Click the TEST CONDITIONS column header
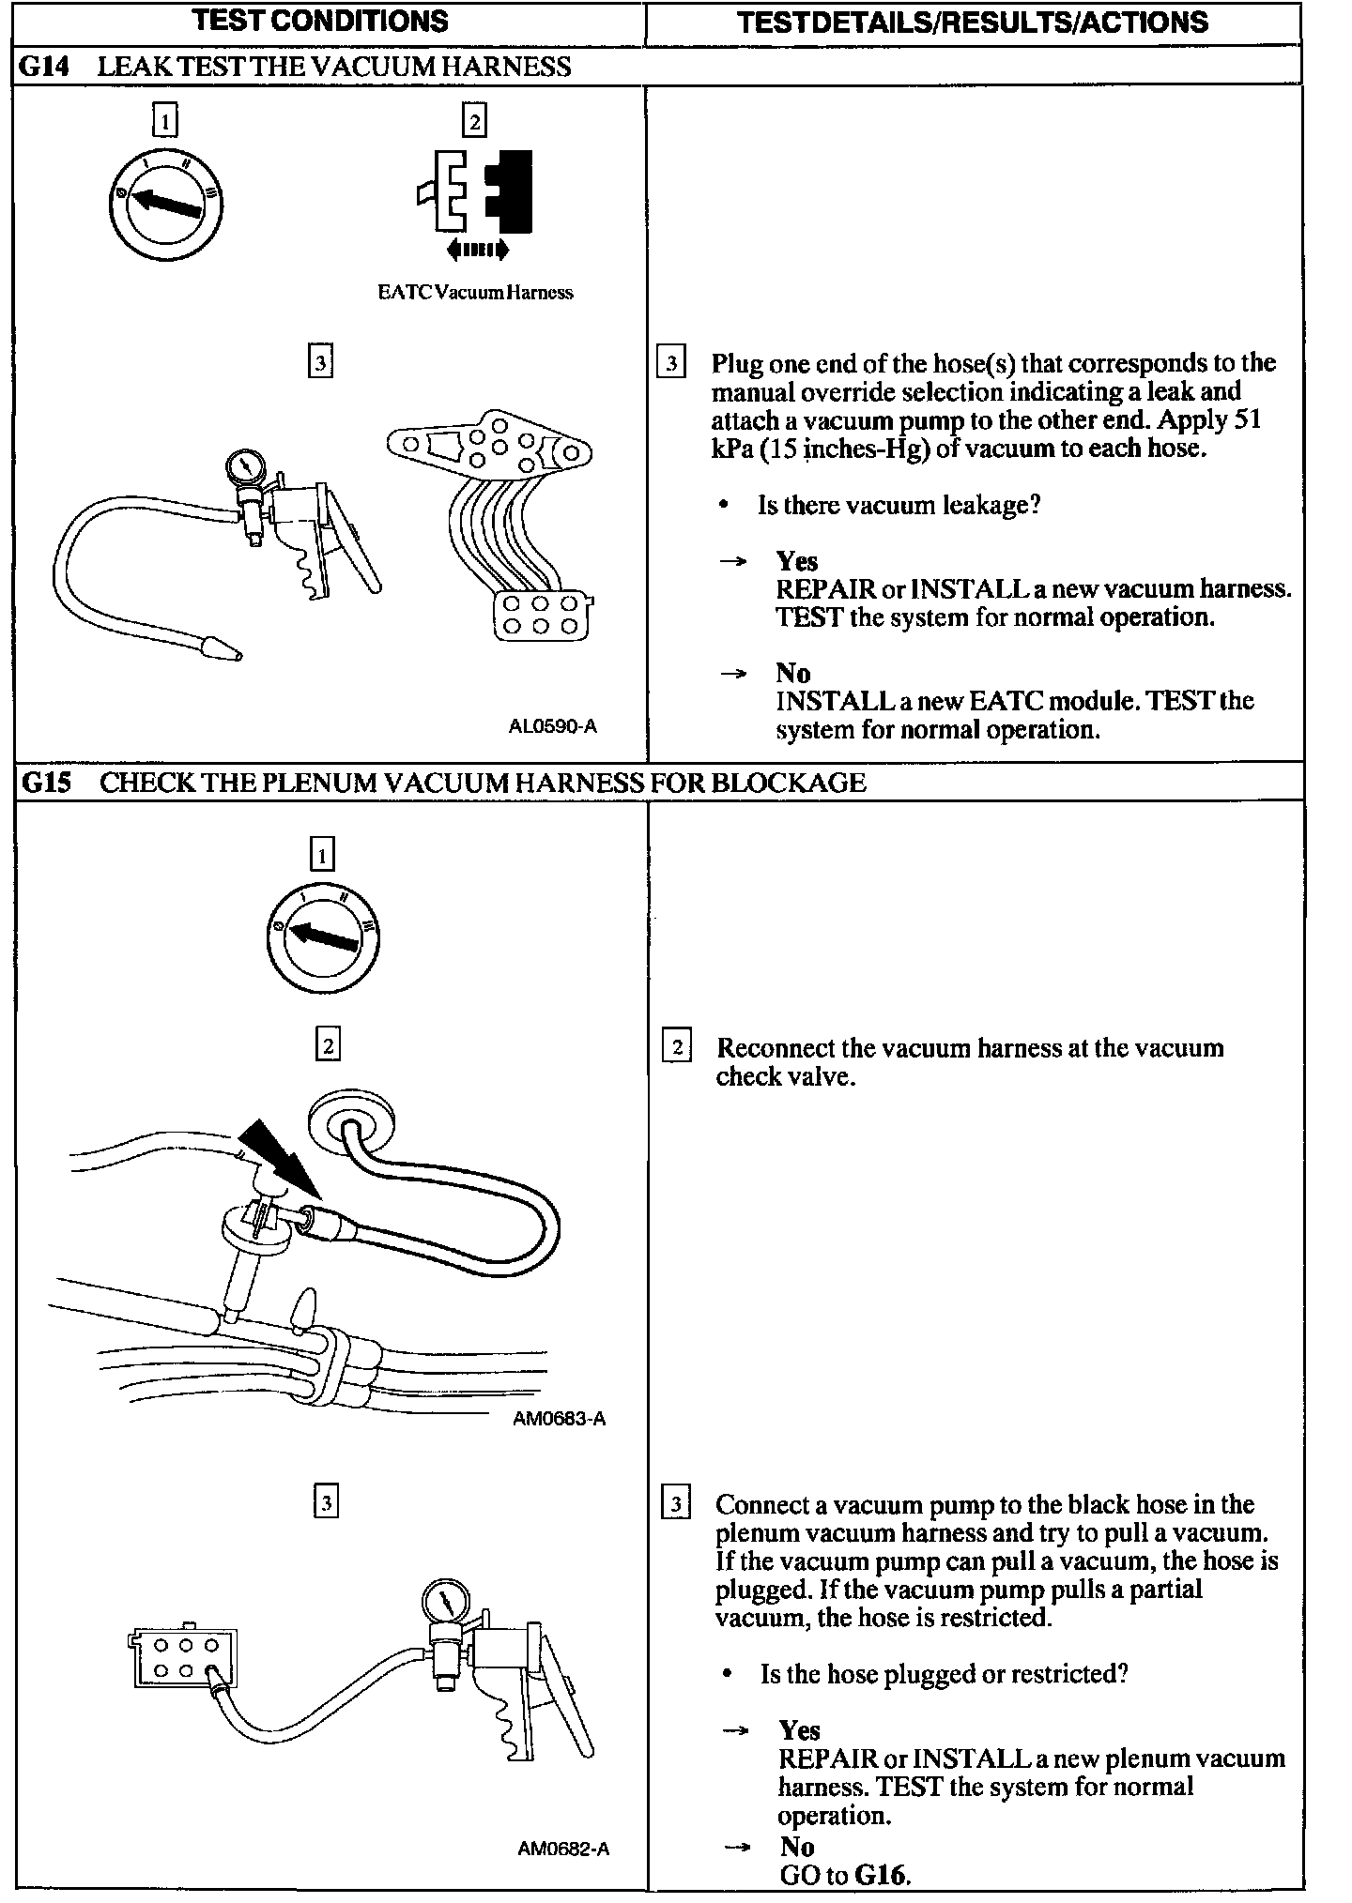point(320,21)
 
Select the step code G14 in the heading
point(44,67)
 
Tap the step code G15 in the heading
point(45,782)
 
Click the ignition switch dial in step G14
point(165,202)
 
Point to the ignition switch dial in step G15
point(322,939)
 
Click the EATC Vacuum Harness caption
point(475,293)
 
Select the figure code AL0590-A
point(552,726)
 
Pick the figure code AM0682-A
point(563,1850)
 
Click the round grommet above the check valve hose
point(351,1120)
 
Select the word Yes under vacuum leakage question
point(796,561)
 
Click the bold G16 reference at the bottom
point(883,1875)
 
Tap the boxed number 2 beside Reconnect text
point(677,1046)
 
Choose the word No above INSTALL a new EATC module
point(792,673)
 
